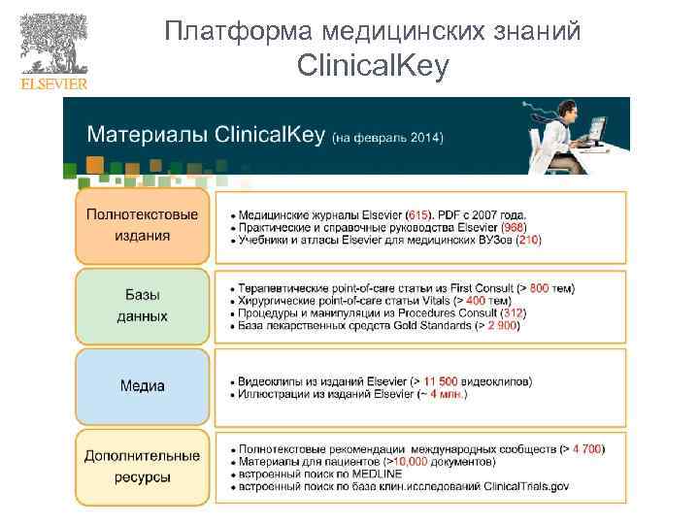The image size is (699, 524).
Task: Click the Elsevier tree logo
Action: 53,45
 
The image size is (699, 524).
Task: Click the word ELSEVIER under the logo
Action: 53,83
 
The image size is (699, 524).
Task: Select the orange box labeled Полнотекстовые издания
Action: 142,226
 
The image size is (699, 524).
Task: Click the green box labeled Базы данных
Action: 142,306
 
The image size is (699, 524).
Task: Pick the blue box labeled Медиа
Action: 142,385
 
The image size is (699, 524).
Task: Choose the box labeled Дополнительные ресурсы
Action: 142,467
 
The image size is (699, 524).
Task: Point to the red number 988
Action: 514,226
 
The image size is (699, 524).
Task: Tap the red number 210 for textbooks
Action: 528,239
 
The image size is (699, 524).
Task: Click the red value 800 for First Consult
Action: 539,288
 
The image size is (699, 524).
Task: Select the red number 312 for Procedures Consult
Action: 513,313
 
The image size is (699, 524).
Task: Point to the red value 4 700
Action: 587,448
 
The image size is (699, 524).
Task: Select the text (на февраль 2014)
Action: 387,138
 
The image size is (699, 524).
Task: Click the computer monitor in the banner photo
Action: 594,126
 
